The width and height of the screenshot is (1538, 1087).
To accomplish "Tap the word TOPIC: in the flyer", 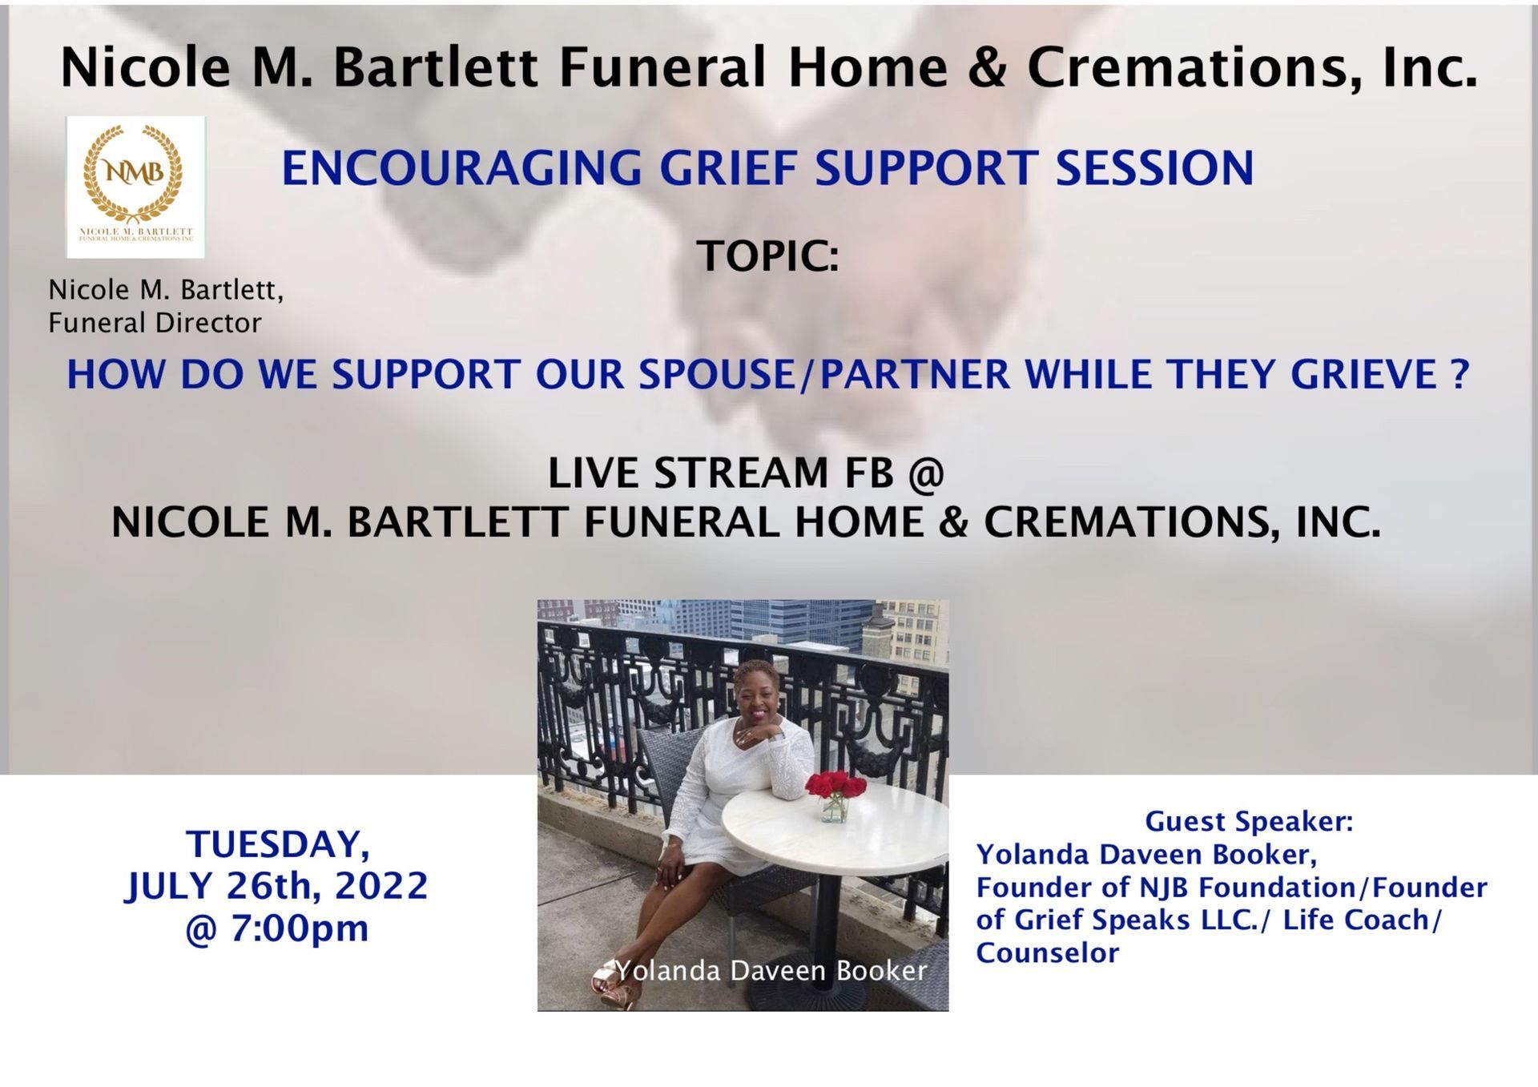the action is pyautogui.click(x=767, y=256).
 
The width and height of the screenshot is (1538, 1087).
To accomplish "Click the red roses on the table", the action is pyautogui.click(x=835, y=784).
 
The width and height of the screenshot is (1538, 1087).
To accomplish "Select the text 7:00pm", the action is pyautogui.click(x=300, y=928).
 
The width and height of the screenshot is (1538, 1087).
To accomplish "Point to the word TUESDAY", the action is pyautogui.click(x=278, y=845).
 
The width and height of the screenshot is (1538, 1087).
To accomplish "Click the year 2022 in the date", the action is pyautogui.click(x=381, y=886).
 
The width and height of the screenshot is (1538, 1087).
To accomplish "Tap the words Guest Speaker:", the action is pyautogui.click(x=1249, y=822).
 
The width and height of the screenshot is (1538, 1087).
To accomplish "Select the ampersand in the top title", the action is pyautogui.click(x=986, y=67).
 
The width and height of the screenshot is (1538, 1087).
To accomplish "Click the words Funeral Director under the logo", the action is pyautogui.click(x=155, y=323).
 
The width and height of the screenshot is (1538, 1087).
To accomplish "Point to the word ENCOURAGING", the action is pyautogui.click(x=461, y=168).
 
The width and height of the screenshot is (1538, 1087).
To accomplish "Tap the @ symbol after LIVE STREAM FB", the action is pyautogui.click(x=926, y=473).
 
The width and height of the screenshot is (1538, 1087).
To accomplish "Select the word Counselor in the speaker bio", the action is pyautogui.click(x=1047, y=953).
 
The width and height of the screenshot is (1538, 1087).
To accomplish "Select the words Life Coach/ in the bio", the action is pyautogui.click(x=1362, y=920).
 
